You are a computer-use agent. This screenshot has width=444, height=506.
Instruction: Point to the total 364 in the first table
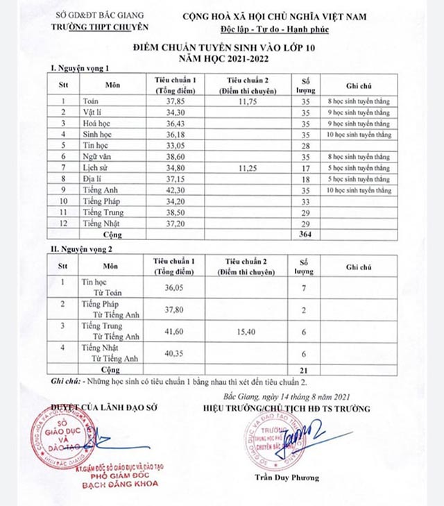(x=302, y=235)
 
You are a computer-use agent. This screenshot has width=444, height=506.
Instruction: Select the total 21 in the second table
(x=302, y=371)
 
